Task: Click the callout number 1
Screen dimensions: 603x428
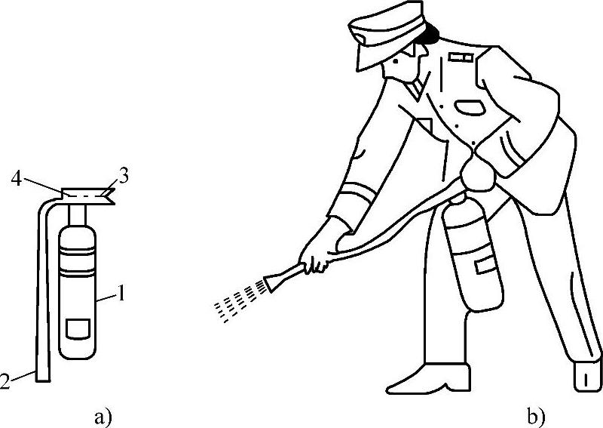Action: [x=121, y=294]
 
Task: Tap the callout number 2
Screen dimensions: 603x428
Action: [x=5, y=380]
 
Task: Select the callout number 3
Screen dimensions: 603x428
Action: [x=123, y=177]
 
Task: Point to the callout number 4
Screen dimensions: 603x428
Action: [x=16, y=179]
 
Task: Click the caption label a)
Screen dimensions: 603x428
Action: [x=103, y=417]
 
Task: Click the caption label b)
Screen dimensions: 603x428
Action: [x=536, y=417]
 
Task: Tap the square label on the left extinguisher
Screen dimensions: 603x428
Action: [x=78, y=329]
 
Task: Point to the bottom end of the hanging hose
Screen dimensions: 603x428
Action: [x=43, y=380]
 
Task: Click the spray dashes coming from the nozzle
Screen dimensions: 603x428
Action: [x=240, y=301]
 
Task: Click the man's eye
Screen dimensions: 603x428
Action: [x=396, y=61]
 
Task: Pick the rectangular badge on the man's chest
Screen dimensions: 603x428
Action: [x=461, y=57]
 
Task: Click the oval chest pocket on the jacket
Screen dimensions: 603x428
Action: [x=470, y=107]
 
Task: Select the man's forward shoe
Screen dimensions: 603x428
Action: [x=428, y=379]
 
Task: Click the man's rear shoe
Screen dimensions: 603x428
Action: [x=587, y=375]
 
